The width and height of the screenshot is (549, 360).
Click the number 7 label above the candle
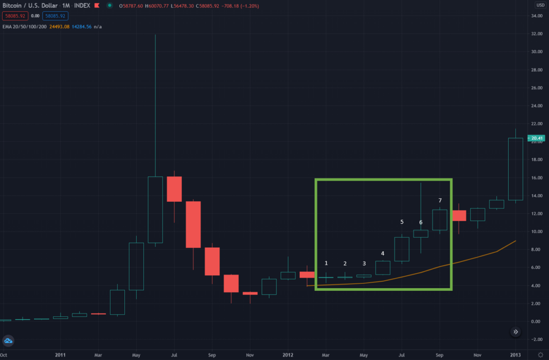[440, 200]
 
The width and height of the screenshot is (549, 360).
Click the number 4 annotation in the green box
[382, 253]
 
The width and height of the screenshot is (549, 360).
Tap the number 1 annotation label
[326, 263]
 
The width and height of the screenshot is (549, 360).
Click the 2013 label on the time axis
[515, 355]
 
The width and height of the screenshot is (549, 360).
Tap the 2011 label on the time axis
[60, 355]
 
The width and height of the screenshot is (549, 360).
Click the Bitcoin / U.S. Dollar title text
[27, 5]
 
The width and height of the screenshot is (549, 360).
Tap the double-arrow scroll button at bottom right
[515, 332]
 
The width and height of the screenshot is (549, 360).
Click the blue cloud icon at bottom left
[9, 341]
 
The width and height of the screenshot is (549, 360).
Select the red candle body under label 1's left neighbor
[307, 275]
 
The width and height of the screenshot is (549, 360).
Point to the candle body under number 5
[402, 249]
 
